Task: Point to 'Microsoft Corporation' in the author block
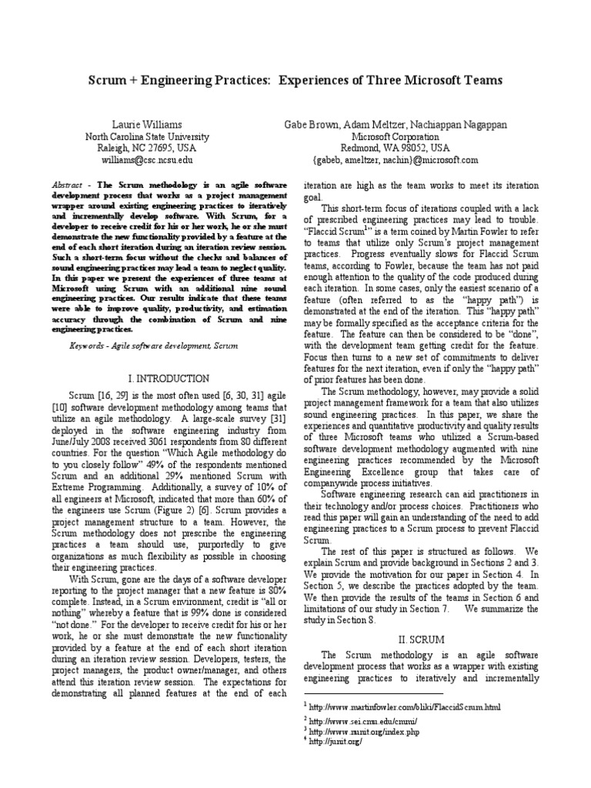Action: click(396, 136)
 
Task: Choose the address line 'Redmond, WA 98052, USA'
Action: click(396, 148)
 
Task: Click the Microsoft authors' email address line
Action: click(396, 159)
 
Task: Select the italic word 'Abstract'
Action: click(66, 186)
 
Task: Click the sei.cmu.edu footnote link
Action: click(364, 721)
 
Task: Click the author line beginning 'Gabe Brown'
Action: click(396, 124)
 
